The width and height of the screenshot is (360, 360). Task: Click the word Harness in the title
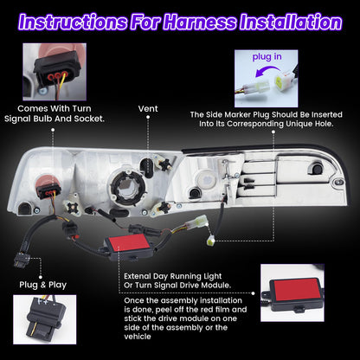pos(199,22)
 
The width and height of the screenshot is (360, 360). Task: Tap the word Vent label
pos(148,109)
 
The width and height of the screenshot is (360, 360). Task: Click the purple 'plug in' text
pos(267,57)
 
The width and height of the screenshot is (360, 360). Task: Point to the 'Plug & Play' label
pos(43,285)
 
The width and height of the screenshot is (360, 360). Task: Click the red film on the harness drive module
pos(129,242)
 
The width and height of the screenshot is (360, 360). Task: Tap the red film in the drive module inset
pos(297,288)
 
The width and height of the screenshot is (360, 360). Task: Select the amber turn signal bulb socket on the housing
pos(48,187)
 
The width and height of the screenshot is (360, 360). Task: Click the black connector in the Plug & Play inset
pos(45,318)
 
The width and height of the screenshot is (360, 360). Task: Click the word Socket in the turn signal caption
pos(89,119)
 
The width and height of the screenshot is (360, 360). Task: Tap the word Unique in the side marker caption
pos(299,124)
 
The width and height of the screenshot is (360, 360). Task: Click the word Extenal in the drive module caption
pos(138,276)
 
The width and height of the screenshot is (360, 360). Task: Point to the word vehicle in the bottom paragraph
pos(138,337)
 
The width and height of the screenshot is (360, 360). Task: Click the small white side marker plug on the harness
pos(210,240)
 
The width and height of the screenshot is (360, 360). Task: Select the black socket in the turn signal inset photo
pos(55,68)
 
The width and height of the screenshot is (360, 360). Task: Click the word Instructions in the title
pos(73,22)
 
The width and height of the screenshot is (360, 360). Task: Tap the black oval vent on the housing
pos(145,168)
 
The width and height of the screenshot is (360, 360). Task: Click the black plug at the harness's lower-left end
pos(22,259)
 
